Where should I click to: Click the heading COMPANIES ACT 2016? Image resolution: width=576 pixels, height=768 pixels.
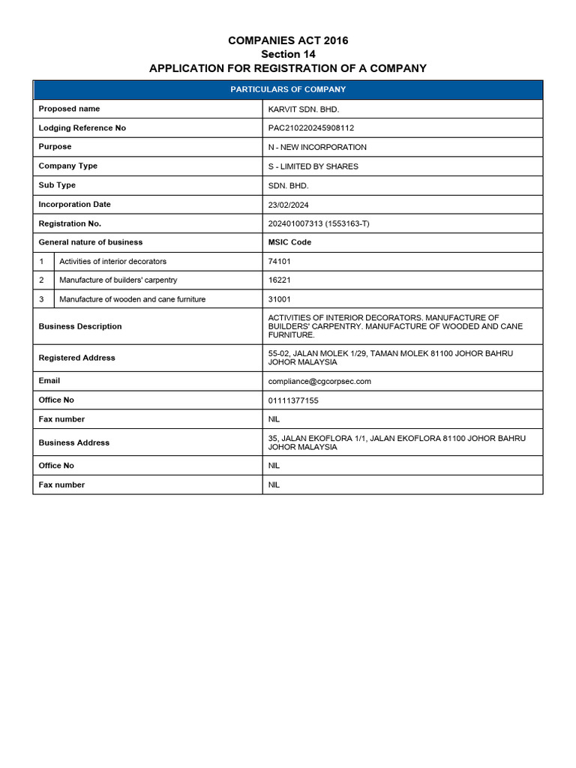click(x=288, y=40)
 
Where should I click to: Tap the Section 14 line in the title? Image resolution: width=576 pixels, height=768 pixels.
click(x=288, y=54)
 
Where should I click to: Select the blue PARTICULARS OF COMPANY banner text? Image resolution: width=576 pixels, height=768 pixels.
click(x=288, y=89)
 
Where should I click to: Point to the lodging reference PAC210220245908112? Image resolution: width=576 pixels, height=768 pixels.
click(x=310, y=128)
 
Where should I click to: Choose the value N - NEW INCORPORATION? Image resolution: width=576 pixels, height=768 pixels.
click(x=317, y=147)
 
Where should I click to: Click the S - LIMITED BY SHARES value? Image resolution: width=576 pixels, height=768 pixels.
click(x=313, y=166)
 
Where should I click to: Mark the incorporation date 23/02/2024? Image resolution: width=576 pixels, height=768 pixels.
click(x=288, y=205)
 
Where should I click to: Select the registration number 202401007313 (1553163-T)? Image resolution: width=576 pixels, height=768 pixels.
click(x=319, y=223)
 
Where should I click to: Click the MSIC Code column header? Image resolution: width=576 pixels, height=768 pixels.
click(x=289, y=242)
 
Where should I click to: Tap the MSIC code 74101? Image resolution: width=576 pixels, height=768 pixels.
click(x=280, y=262)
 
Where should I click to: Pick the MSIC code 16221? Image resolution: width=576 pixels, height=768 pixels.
click(x=280, y=280)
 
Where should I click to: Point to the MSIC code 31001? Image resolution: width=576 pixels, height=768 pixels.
click(x=280, y=299)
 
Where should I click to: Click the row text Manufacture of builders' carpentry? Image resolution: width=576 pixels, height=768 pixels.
click(x=118, y=280)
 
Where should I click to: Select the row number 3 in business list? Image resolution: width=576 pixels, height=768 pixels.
click(x=43, y=299)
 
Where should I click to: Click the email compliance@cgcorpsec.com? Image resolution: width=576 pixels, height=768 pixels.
click(x=319, y=381)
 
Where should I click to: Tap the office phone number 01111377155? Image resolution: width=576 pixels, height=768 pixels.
click(x=293, y=400)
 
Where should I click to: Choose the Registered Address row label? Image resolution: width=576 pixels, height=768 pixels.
click(x=76, y=358)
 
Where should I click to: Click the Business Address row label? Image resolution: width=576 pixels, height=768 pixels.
click(x=73, y=442)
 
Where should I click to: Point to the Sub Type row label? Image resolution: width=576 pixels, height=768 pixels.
click(x=57, y=185)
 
